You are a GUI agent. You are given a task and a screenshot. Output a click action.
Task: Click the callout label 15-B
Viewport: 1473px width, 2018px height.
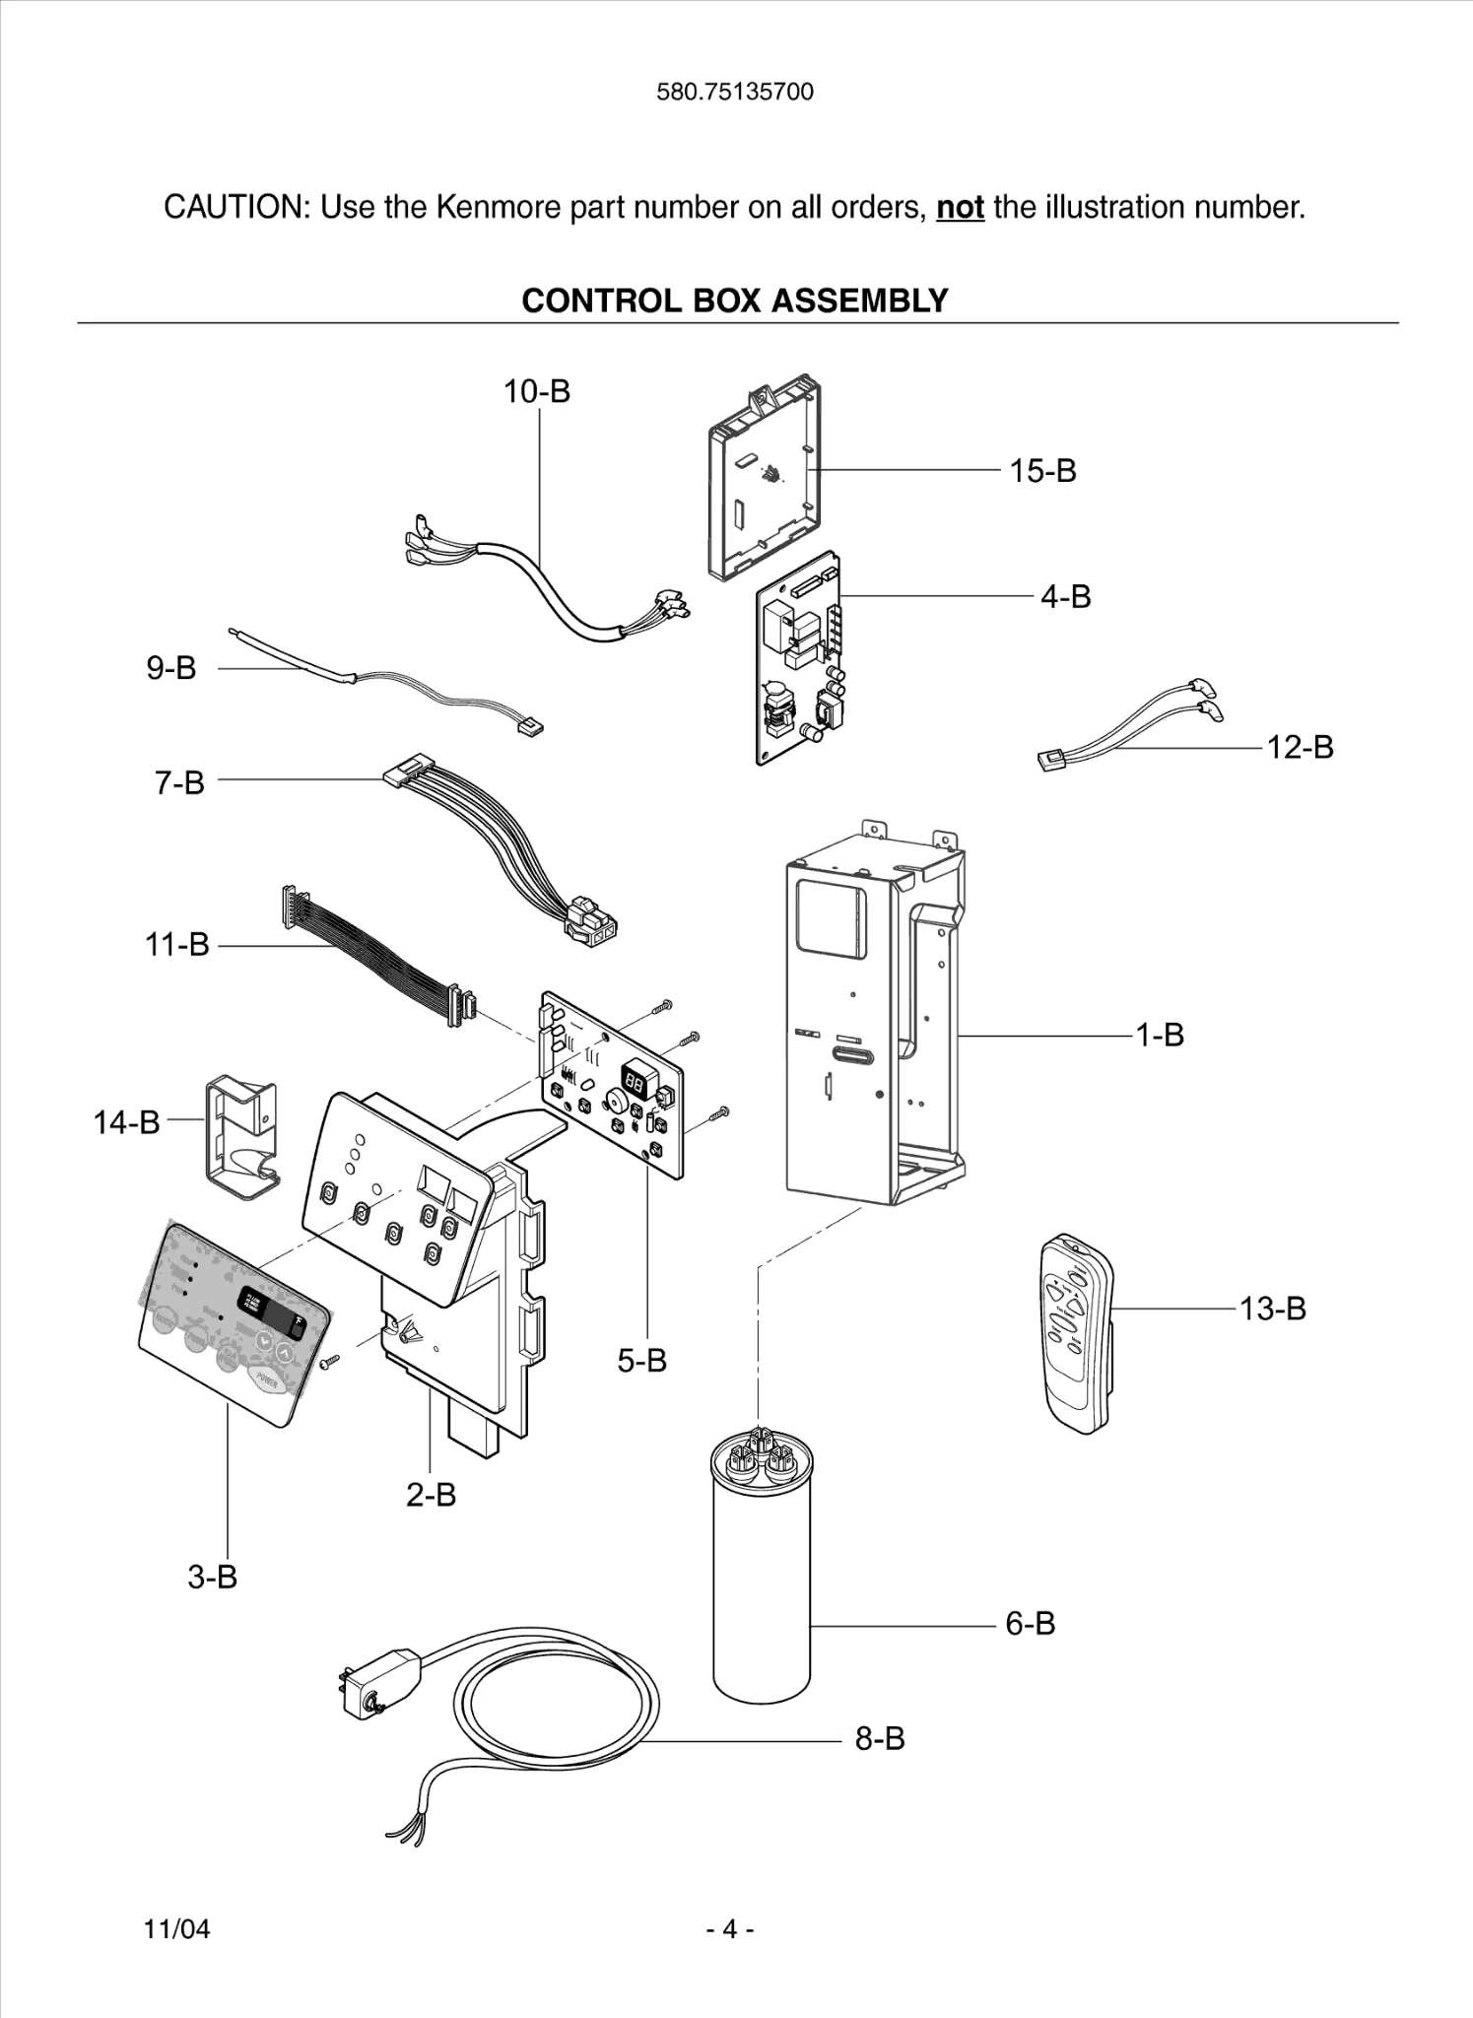1042,471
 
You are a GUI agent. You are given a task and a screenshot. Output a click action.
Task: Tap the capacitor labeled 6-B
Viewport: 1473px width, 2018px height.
761,1577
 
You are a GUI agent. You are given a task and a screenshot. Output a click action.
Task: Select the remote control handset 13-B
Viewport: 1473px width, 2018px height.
1075,1335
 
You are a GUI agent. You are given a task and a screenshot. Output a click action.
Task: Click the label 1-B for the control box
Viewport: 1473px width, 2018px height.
1160,1035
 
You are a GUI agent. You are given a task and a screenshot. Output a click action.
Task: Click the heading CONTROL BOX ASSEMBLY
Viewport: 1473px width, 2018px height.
734,301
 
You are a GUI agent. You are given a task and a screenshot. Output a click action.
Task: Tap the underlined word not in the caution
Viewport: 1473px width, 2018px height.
960,208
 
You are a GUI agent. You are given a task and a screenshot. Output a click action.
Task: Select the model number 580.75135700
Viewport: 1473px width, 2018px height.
735,92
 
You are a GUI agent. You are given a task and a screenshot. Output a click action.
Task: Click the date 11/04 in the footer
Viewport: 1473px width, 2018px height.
177,1928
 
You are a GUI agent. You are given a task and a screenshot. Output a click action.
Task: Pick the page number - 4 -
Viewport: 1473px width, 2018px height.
730,1928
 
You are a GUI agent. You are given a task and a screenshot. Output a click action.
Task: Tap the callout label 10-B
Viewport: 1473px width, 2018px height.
537,391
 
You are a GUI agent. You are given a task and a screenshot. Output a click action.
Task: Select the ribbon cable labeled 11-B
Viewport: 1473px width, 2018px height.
374,951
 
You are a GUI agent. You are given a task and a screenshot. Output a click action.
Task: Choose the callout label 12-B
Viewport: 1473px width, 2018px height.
1300,747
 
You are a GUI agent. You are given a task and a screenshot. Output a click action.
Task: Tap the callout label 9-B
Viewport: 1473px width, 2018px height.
171,668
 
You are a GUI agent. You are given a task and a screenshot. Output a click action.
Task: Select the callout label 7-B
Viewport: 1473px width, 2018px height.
179,782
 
